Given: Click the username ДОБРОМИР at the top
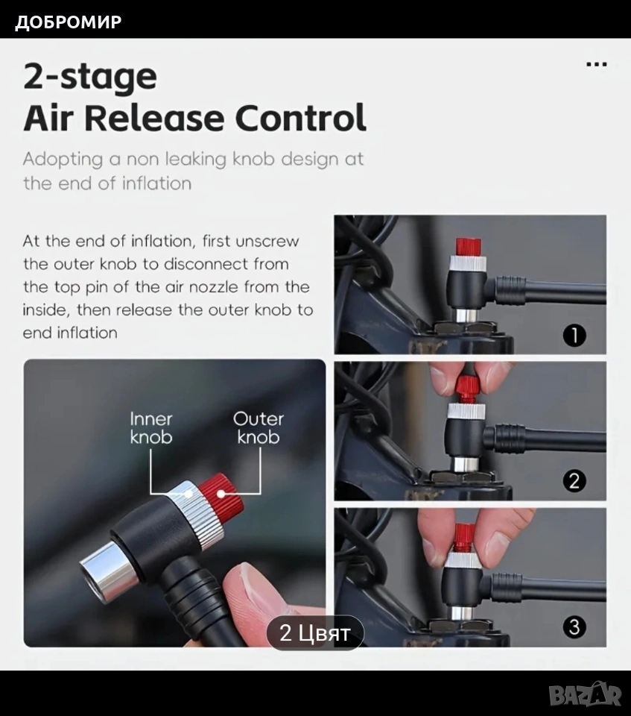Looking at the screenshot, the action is click(x=69, y=22).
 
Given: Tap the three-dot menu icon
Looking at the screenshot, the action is click(x=596, y=64).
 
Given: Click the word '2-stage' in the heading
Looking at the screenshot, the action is click(x=90, y=78).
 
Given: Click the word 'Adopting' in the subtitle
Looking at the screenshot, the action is click(x=63, y=160).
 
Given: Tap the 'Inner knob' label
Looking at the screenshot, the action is click(x=151, y=428).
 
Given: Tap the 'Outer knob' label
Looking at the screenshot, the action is click(x=259, y=428).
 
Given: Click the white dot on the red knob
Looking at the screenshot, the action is click(x=221, y=494).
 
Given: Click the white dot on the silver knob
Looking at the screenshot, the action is click(x=188, y=494).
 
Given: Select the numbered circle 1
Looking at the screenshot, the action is click(x=574, y=336).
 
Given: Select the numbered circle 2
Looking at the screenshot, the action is click(x=574, y=481).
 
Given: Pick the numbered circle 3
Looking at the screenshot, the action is click(x=574, y=627).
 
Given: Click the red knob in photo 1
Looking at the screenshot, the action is click(x=469, y=247).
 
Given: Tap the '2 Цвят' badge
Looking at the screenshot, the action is click(x=315, y=633).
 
